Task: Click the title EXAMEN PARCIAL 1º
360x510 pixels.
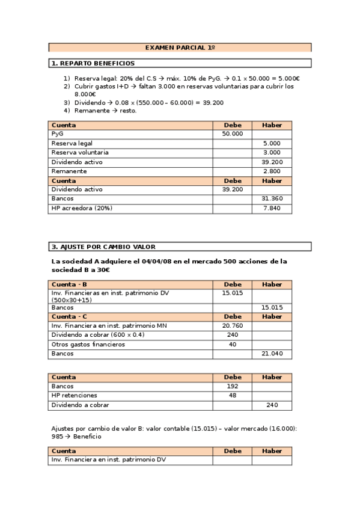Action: coord(180,47)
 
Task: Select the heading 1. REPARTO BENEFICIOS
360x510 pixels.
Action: coord(93,63)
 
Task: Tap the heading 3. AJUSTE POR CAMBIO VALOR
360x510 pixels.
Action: coord(103,247)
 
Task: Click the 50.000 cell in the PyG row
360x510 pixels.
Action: coord(233,134)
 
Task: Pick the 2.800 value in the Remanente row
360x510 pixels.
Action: coord(272,171)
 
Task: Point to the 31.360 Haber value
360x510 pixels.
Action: coord(272,198)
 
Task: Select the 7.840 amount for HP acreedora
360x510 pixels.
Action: coord(272,208)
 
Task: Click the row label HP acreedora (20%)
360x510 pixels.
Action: coord(82,208)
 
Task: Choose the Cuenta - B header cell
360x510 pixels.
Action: coord(69,284)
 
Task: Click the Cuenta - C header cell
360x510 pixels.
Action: coord(69,316)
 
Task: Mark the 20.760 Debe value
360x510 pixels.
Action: coord(233,325)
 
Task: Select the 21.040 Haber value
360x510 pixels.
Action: coord(272,354)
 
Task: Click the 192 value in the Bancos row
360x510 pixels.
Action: coord(233,387)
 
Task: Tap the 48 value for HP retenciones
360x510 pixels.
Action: coord(233,396)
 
